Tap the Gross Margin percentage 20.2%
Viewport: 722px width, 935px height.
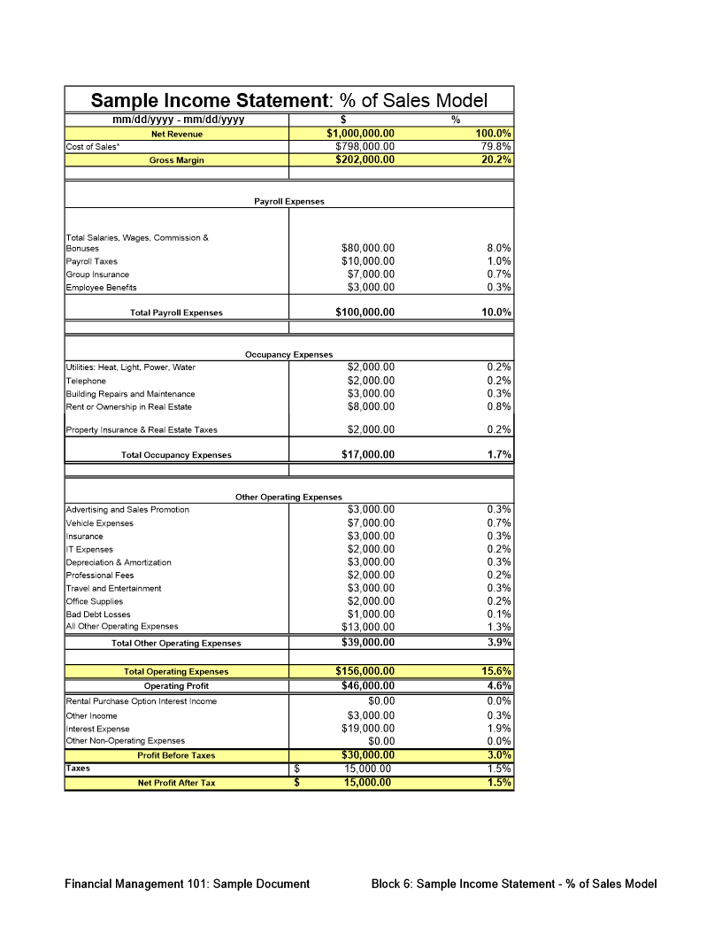496,160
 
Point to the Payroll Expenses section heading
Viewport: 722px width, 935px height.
289,202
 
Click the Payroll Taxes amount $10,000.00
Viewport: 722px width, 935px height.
368,261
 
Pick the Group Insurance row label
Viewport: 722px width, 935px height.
97,274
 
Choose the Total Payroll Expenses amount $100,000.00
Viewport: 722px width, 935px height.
365,313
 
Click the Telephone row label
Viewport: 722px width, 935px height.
86,381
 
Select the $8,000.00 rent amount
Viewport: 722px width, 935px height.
371,407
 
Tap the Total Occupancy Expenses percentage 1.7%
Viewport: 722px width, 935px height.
499,455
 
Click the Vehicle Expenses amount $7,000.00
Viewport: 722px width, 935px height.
371,523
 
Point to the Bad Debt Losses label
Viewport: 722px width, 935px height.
98,614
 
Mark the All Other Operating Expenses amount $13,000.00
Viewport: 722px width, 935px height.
368,628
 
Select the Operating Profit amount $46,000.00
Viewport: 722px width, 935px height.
368,685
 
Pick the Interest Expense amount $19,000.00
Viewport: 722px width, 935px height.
368,729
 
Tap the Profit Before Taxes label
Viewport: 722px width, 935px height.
176,755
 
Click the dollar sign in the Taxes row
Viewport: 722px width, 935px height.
297,769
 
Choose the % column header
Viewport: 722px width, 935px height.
456,120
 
